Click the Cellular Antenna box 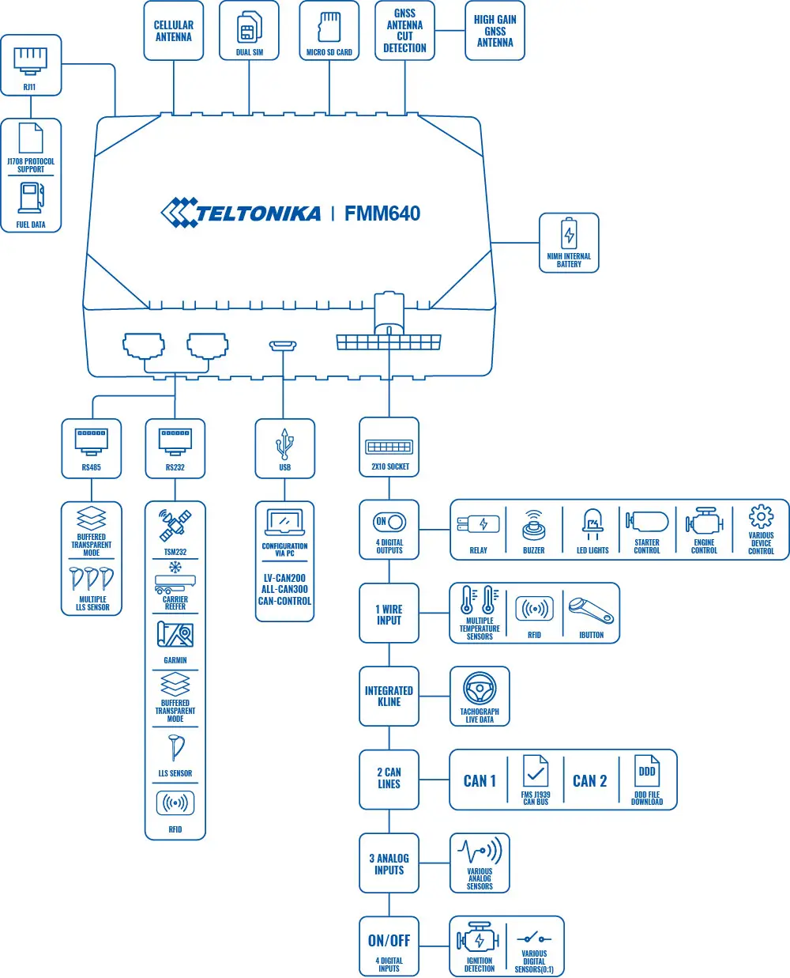tap(173, 31)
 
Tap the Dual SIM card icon tap(250, 28)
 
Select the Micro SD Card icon tap(329, 27)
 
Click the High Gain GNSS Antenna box tap(495, 31)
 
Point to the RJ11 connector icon tap(31, 59)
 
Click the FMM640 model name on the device tap(382, 213)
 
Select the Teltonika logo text tap(257, 213)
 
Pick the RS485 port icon tap(92, 441)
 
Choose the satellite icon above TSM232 tap(175, 525)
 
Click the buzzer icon tap(534, 525)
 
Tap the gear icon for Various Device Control tap(761, 517)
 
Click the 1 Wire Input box tap(389, 614)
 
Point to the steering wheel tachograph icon tap(480, 689)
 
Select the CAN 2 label tap(589, 781)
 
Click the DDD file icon tap(647, 772)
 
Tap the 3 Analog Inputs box tap(389, 863)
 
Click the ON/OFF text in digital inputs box tap(389, 940)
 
